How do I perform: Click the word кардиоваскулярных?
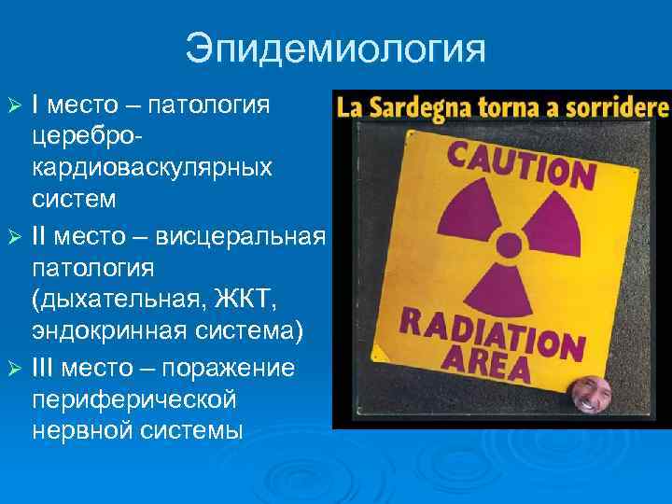(x=152, y=167)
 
